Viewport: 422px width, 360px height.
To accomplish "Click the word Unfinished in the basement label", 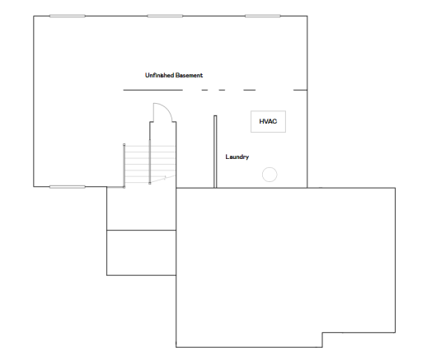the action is pos(159,75).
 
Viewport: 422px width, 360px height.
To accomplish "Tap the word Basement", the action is pos(190,75).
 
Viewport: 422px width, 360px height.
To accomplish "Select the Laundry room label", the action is pos(237,157).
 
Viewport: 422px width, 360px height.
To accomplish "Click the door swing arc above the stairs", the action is pos(168,109).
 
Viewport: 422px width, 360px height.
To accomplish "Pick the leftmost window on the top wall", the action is pos(68,16).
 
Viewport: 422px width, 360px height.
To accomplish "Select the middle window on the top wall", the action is pos(165,16).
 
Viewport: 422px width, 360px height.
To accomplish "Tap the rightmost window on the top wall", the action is pos(263,16).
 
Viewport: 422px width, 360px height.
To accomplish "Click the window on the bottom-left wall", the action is pos(68,187).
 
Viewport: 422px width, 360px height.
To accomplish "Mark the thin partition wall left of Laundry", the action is pos(215,152).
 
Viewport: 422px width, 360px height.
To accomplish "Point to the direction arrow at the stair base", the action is pos(162,179).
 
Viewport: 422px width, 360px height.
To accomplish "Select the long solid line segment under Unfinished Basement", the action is pos(152,90).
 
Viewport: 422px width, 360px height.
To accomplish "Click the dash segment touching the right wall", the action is pos(300,90).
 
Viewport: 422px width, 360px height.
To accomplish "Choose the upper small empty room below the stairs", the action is pos(141,208).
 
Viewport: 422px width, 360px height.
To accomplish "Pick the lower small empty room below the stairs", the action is pos(141,253).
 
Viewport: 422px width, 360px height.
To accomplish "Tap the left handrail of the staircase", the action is pos(124,166).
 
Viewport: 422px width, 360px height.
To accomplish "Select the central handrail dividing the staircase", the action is pos(150,161).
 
